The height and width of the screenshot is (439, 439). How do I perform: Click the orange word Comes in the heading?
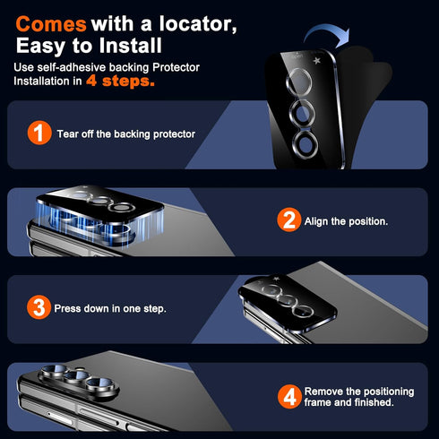pyautogui.click(x=51, y=24)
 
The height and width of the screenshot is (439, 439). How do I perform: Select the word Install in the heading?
pyautogui.click(x=131, y=46)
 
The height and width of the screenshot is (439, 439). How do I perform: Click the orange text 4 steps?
pyautogui.click(x=120, y=81)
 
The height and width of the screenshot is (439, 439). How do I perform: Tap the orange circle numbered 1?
pyautogui.click(x=39, y=133)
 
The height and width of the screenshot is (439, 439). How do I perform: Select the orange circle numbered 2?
pyautogui.click(x=289, y=219)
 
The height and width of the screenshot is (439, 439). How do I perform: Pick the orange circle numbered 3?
pyautogui.click(x=39, y=307)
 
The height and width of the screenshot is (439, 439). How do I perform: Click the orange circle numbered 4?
pyautogui.click(x=289, y=397)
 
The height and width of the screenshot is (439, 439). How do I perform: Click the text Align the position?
pyautogui.click(x=346, y=221)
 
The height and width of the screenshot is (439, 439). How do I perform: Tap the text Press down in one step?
pyautogui.click(x=110, y=308)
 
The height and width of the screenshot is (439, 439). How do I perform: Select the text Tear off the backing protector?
pyautogui.click(x=126, y=134)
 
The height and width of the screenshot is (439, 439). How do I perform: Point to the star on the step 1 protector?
pyautogui.click(x=316, y=61)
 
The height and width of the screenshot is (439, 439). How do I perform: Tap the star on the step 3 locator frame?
pyautogui.click(x=276, y=279)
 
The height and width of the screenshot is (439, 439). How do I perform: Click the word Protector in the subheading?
pyautogui.click(x=176, y=67)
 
